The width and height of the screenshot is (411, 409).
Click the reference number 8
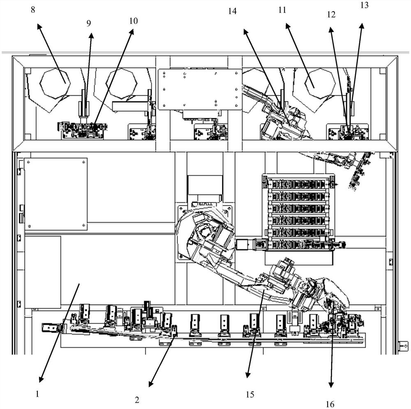32,9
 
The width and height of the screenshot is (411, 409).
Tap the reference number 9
89,23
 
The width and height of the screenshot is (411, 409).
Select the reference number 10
133,21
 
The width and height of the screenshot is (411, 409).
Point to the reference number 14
232,12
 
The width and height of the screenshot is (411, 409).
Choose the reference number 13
364,5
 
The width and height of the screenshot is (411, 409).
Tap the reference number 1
37,394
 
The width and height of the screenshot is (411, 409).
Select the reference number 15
250,395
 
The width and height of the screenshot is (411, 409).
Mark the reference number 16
330,404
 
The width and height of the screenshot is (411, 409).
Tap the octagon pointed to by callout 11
320,83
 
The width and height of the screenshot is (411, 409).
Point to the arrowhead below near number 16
331,385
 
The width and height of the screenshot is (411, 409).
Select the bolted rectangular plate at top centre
200,89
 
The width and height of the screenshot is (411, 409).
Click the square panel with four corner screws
55,194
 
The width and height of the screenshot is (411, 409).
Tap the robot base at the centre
205,232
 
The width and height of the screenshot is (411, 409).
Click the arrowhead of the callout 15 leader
248,375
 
